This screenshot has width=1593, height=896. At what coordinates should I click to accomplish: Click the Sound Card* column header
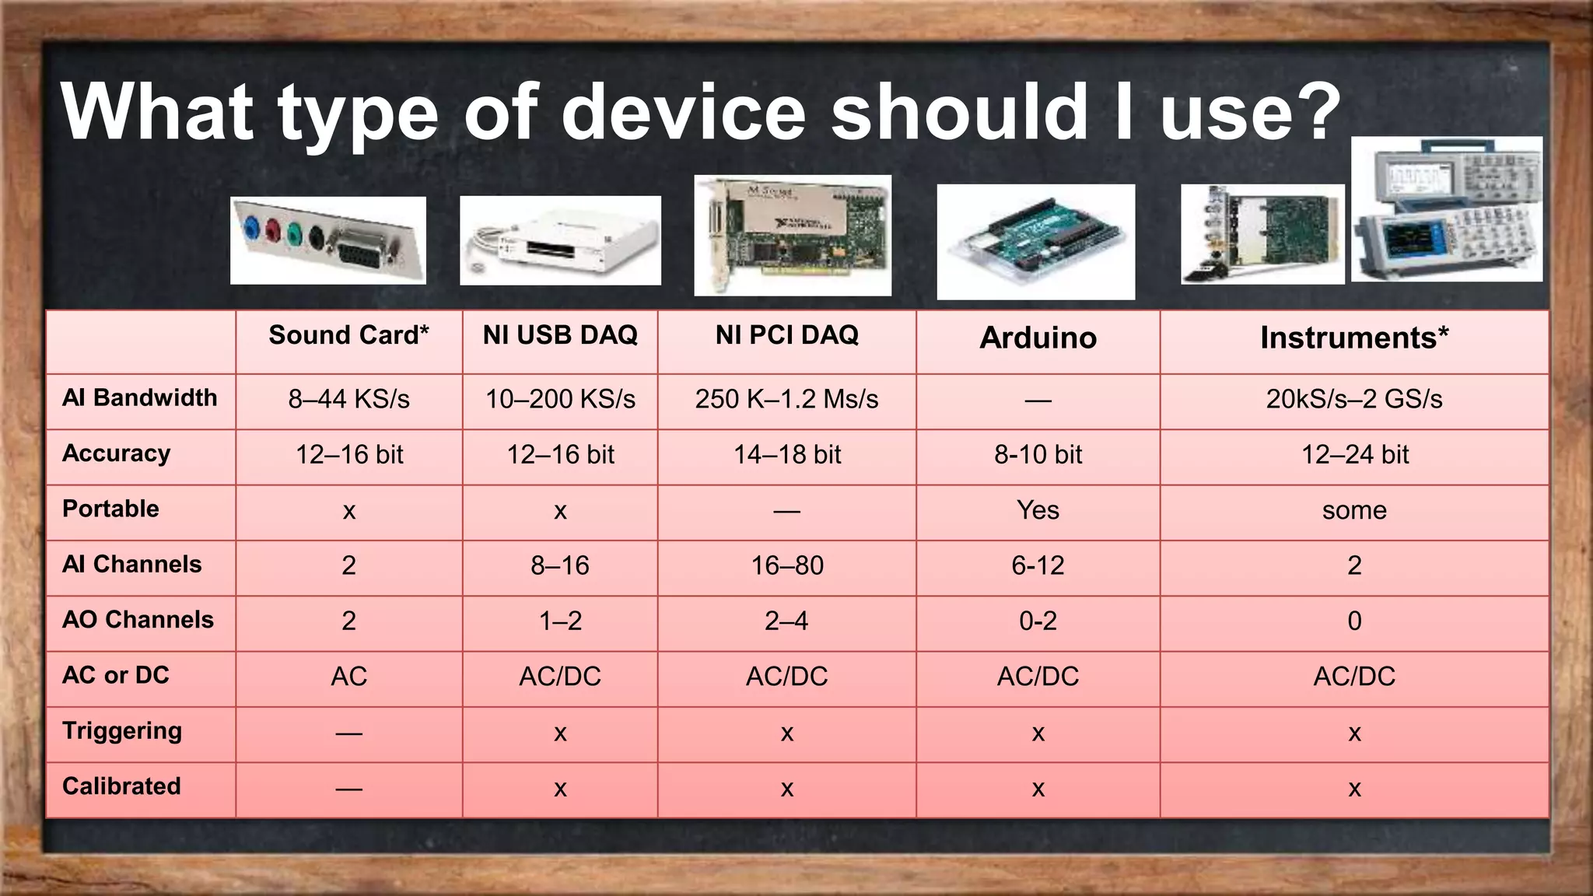coord(348,335)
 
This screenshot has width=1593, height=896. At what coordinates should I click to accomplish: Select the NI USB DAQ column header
coord(560,335)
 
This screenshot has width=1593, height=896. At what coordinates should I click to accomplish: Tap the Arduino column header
coord(1038,338)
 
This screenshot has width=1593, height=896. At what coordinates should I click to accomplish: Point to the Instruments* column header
coord(1354,338)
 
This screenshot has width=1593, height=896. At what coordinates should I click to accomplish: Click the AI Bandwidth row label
coord(140,398)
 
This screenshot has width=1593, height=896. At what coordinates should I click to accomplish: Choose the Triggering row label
coord(122,731)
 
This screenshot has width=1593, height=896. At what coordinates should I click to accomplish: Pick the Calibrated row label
coord(121,786)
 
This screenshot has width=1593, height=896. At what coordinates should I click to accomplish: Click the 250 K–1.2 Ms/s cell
coord(786,399)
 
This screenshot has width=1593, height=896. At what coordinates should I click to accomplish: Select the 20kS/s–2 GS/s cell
coord(1354,399)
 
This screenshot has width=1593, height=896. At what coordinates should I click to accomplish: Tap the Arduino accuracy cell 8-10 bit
coord(1038,454)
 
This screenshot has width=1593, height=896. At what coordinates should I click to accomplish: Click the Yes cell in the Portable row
coord(1038,510)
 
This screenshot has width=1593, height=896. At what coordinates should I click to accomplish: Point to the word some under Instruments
coord(1354,510)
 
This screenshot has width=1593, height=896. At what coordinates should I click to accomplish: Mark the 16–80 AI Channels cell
coord(786,565)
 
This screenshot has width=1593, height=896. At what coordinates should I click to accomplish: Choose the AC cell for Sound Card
coord(348,677)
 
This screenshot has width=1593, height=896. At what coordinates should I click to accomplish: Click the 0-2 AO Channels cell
coord(1038,621)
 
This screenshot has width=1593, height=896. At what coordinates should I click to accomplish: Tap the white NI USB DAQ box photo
coord(560,240)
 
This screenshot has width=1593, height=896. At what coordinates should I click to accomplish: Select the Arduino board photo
coord(1035,242)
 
